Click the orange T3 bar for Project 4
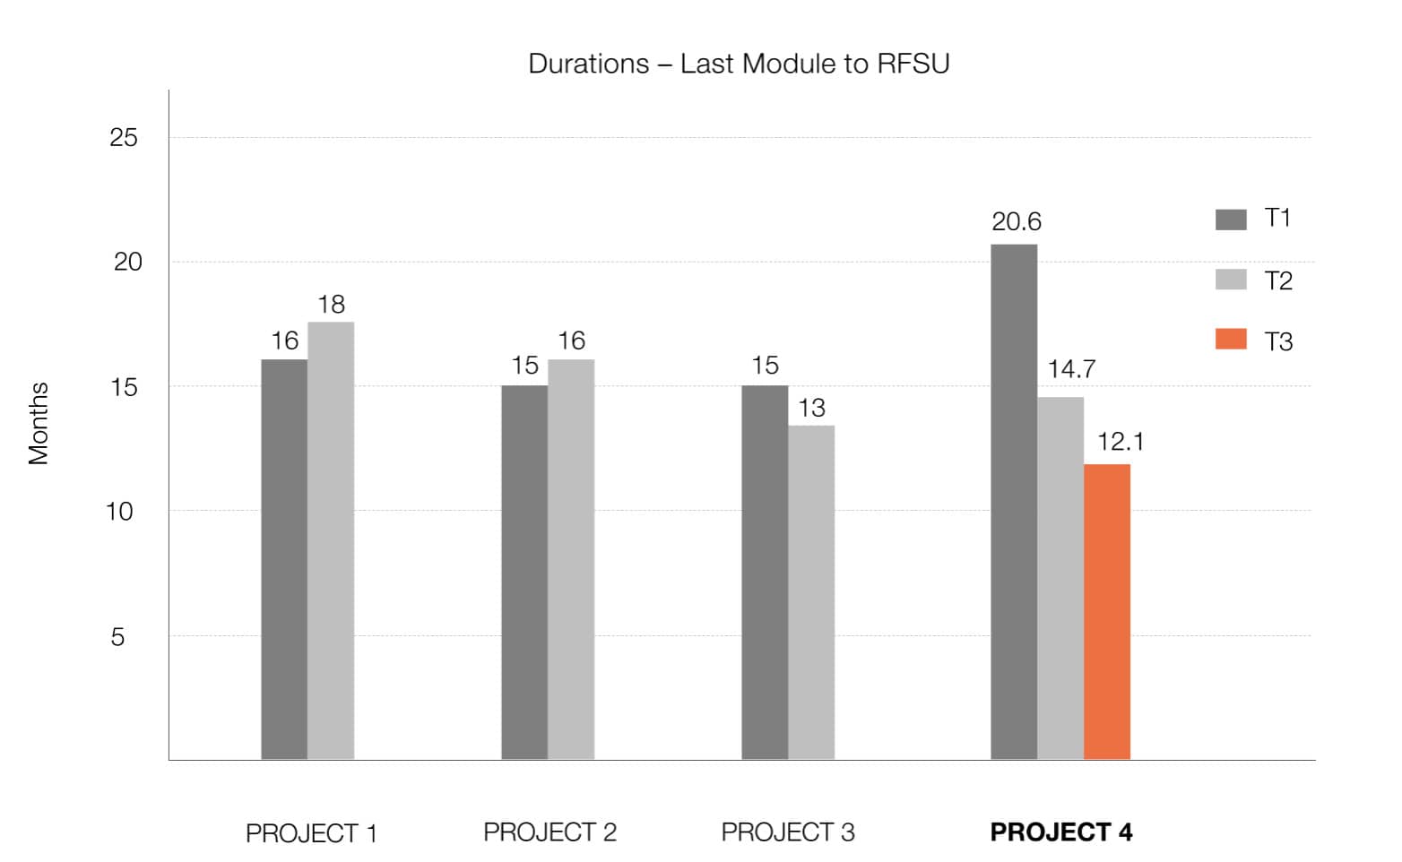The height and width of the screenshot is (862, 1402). (x=1106, y=611)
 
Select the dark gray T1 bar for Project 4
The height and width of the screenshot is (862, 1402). (x=1013, y=502)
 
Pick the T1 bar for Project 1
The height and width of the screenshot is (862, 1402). (x=283, y=559)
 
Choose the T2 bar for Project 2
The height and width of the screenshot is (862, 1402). (x=570, y=559)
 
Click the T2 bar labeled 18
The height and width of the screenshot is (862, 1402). (x=330, y=540)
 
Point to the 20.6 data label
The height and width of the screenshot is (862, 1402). (x=1016, y=221)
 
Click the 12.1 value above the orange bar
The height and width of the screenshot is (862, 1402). (x=1120, y=442)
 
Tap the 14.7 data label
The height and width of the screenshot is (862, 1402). (x=1071, y=369)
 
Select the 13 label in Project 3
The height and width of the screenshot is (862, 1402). (x=811, y=409)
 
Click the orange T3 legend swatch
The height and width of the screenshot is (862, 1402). (x=1230, y=339)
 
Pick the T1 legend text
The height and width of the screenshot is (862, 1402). (x=1277, y=219)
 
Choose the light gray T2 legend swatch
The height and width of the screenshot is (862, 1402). (x=1230, y=280)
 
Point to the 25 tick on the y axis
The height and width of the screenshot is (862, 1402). (x=124, y=138)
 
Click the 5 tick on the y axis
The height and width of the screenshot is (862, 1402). (x=117, y=637)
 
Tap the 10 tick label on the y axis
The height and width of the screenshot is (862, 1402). (x=119, y=512)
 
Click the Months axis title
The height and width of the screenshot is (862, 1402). (x=38, y=423)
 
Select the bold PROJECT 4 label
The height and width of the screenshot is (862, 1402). (x=1060, y=832)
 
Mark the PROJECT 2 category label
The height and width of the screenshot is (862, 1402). (x=550, y=832)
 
